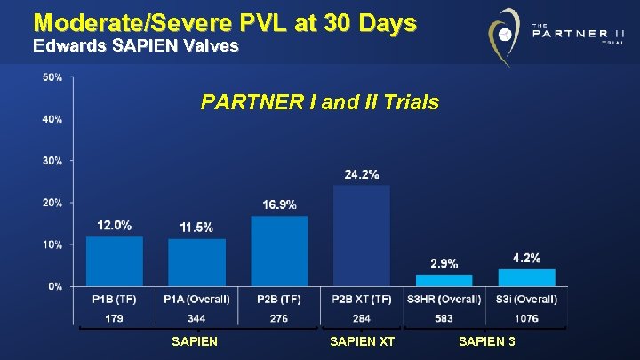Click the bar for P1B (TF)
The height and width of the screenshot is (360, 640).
click(114, 260)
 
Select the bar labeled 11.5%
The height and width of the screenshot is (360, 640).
click(196, 262)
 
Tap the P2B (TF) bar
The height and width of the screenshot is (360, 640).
click(279, 251)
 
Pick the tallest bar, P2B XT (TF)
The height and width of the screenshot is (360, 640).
click(361, 236)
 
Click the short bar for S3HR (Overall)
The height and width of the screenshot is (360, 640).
click(444, 280)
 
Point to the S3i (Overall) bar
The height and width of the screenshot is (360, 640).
click(526, 277)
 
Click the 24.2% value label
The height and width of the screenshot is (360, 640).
click(362, 174)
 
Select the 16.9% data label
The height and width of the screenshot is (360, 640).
click(279, 204)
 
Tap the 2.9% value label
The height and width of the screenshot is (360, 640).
click(444, 263)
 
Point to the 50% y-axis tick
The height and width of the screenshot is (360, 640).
click(52, 77)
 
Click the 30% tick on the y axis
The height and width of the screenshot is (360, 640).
click(52, 161)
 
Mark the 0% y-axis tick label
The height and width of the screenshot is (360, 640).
click(55, 286)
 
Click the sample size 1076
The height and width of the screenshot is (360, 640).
click(526, 317)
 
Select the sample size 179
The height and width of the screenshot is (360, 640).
click(114, 317)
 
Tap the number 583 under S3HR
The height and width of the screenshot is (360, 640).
click(444, 317)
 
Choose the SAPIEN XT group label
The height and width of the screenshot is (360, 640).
click(362, 342)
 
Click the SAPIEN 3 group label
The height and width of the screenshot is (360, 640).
click(486, 342)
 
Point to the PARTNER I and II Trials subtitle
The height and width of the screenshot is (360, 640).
click(320, 102)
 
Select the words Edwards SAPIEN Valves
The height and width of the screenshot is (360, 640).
click(135, 46)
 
